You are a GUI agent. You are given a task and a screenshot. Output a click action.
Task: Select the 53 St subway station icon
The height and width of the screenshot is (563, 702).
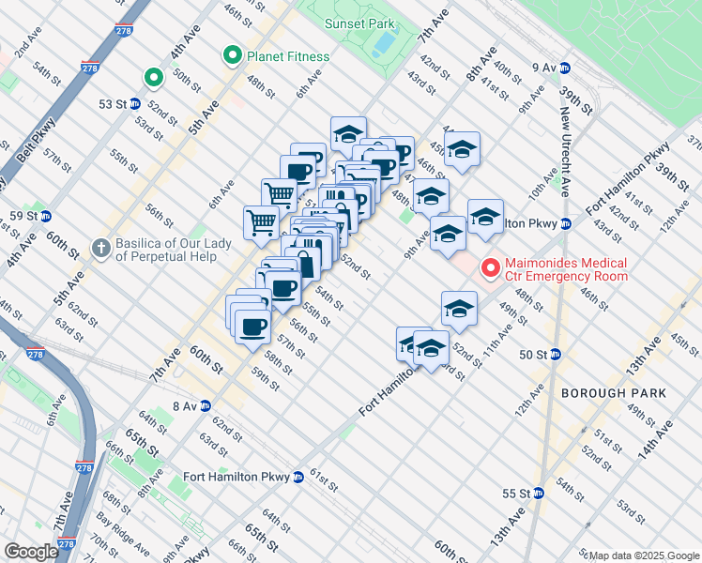(x=134, y=104)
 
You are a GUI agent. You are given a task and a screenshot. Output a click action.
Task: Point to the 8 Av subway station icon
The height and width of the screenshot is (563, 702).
(x=205, y=405)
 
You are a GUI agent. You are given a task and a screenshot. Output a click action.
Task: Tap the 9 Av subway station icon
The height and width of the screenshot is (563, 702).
(x=565, y=68)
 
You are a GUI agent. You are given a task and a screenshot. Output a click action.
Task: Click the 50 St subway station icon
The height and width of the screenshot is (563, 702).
(x=555, y=354)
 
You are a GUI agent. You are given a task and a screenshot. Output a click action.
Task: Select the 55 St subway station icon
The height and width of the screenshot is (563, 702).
(x=538, y=493)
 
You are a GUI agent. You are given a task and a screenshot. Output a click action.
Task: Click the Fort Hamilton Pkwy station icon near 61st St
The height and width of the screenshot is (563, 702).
(x=298, y=476)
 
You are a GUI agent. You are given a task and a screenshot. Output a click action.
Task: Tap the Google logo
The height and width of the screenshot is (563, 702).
(x=31, y=552)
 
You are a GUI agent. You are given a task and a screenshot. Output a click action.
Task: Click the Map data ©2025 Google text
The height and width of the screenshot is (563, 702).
(x=644, y=555)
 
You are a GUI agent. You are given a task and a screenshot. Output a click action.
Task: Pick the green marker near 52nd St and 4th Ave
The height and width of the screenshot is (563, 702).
(x=151, y=77)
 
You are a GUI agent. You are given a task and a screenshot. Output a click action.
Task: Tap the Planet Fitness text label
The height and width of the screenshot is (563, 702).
(x=287, y=56)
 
